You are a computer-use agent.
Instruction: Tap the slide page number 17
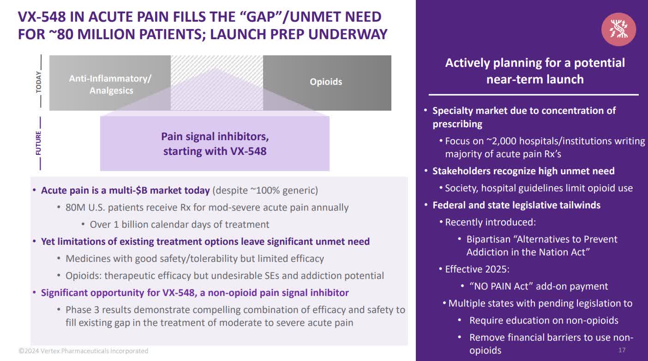[x=622, y=350]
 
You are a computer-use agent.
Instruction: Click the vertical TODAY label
[x=39, y=82]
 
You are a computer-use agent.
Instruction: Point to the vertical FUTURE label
[x=39, y=143]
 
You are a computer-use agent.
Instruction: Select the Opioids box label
[x=326, y=82]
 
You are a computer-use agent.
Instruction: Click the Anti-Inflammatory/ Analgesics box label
[x=110, y=84]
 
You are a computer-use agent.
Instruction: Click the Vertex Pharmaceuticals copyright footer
[x=84, y=351]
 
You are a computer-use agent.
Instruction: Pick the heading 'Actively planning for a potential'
[x=535, y=63]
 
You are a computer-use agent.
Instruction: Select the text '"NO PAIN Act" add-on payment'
[x=539, y=286]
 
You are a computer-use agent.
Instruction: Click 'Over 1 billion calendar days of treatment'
[x=180, y=225]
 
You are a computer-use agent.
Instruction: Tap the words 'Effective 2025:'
[x=477, y=269]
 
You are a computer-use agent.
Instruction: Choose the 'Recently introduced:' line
[x=490, y=222]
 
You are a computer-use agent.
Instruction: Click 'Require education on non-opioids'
[x=544, y=320]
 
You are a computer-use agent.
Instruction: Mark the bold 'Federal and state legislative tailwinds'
[x=516, y=205]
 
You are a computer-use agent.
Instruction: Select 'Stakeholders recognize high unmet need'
[x=523, y=171]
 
